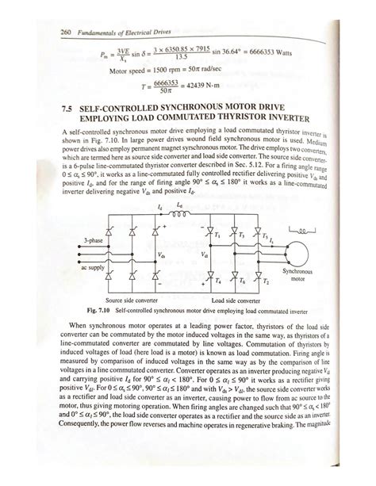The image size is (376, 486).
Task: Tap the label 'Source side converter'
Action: tap(131, 301)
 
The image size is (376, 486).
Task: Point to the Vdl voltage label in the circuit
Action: tap(205, 255)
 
